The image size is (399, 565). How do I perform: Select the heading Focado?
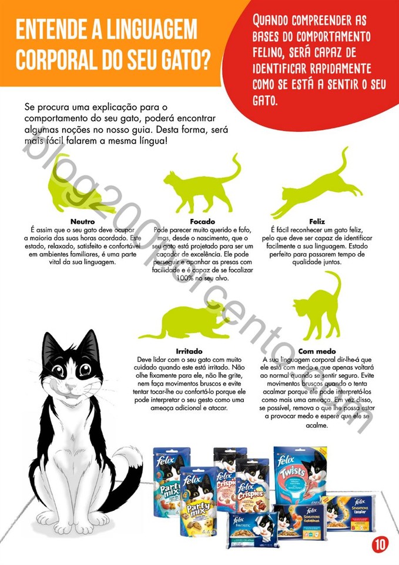tap(202, 222)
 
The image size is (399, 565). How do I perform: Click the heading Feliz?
tap(317, 222)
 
